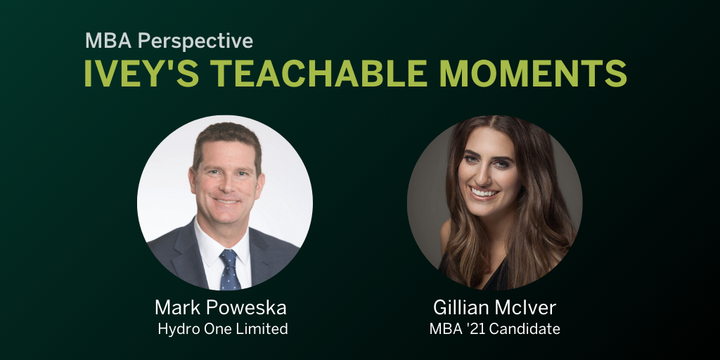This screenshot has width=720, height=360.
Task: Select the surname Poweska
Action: point(250,307)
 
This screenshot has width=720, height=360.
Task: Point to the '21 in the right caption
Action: point(478,329)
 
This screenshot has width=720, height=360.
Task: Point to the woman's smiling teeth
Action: point(486,191)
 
